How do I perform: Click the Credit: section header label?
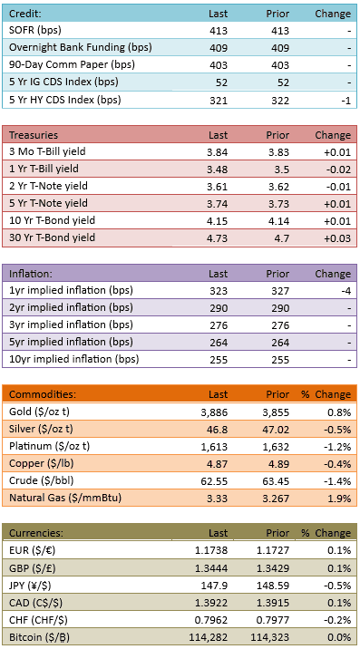point(24,14)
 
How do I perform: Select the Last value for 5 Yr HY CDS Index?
point(219,101)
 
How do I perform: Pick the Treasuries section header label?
point(34,135)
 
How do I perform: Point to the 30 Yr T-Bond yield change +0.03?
point(337,238)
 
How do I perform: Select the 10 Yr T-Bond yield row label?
point(52,220)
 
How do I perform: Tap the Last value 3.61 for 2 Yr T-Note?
point(217,187)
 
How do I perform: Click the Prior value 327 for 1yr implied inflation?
point(280,291)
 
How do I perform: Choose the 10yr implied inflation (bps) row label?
point(73,359)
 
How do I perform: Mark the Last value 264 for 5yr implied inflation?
point(219,343)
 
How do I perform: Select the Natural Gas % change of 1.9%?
point(342,499)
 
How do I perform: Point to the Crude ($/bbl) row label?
point(42,481)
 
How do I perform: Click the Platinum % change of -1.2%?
point(340,447)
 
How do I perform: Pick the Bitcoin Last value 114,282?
point(208,637)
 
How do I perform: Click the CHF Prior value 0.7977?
point(276,620)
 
